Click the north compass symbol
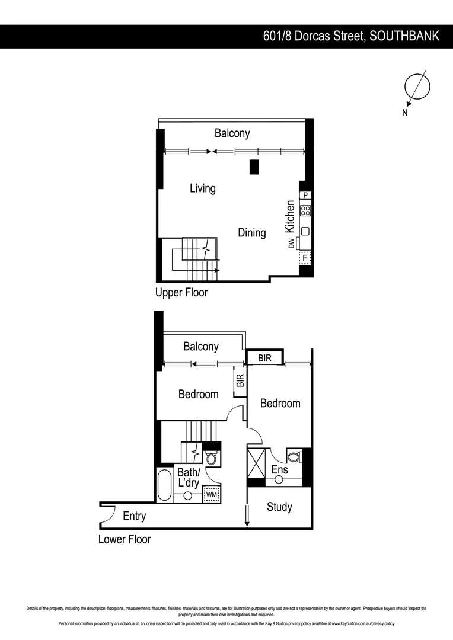[x=416, y=87]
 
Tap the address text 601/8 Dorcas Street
[x=315, y=36]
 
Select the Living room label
[x=202, y=188]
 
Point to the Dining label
[x=252, y=233]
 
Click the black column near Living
[x=254, y=167]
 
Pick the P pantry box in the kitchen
[x=305, y=195]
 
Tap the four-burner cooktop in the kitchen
[x=305, y=210]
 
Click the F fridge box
[x=305, y=258]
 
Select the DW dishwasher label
[x=291, y=244]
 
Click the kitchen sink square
[x=305, y=231]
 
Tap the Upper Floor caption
[x=181, y=293]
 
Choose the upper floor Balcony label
[x=232, y=133]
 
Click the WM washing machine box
[x=211, y=494]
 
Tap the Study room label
[x=279, y=507]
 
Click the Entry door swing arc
[x=107, y=514]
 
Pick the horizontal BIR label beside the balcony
[x=264, y=359]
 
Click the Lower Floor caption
[x=125, y=540]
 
